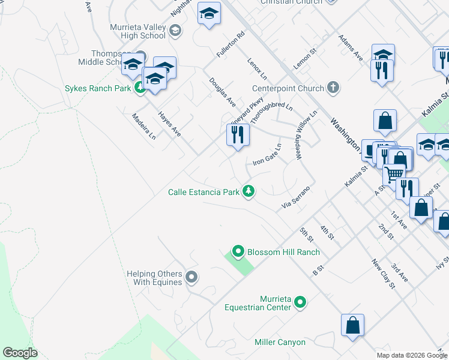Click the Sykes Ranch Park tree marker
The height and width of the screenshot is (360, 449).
tap(140, 89)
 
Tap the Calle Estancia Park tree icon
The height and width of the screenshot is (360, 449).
tap(249, 192)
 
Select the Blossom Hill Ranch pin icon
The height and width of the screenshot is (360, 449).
tap(238, 252)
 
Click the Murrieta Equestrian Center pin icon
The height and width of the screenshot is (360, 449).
tap(301, 303)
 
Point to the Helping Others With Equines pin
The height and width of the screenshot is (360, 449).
tap(191, 277)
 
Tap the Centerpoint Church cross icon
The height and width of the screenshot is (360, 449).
tap(333, 88)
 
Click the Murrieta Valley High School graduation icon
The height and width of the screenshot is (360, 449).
tap(175, 31)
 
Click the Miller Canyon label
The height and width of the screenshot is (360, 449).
tap(280, 343)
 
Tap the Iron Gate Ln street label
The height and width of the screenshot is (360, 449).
tap(267, 155)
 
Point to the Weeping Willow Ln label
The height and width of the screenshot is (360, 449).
tap(306, 135)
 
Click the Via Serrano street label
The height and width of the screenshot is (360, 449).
tap(295, 198)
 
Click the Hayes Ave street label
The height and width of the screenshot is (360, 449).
tap(169, 122)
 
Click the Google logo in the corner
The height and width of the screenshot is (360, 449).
tap(20, 353)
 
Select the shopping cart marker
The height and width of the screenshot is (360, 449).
tap(394, 173)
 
